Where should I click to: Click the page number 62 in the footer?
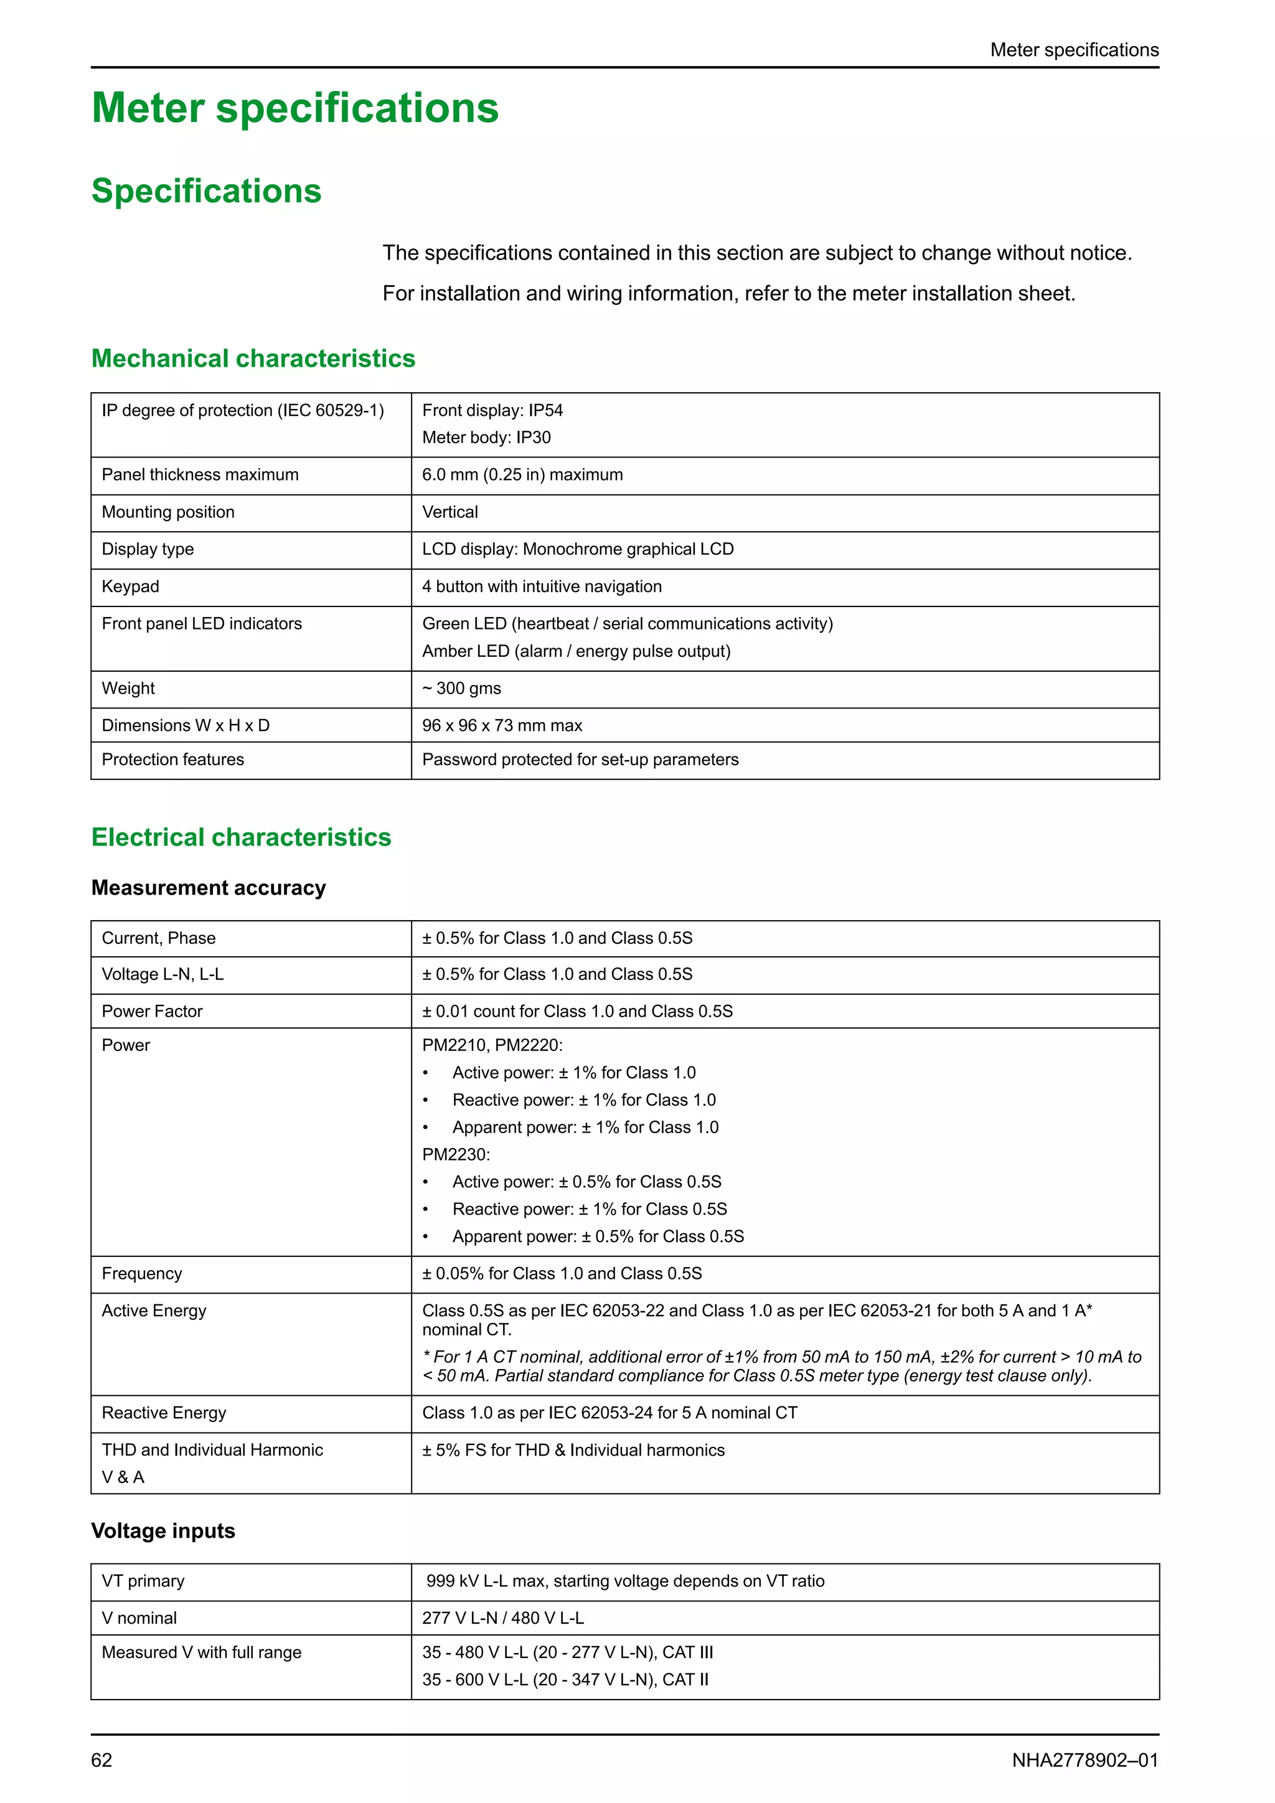click(x=101, y=1760)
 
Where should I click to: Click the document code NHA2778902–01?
click(x=1084, y=1760)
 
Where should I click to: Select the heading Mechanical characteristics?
click(x=253, y=358)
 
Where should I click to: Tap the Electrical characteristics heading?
click(x=241, y=837)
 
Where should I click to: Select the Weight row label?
click(x=129, y=689)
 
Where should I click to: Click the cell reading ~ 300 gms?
click(x=462, y=689)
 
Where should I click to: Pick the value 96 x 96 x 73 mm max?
click(x=502, y=725)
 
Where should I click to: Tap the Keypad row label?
click(x=130, y=586)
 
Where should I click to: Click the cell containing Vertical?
click(x=450, y=512)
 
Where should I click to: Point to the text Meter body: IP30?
click(x=486, y=438)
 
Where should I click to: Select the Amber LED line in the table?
click(x=576, y=651)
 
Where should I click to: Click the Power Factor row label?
click(x=153, y=1012)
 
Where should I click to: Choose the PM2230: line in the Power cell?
click(x=456, y=1154)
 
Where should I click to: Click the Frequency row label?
click(x=142, y=1274)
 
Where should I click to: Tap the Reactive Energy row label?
click(x=164, y=1413)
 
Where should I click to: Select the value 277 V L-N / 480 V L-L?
click(x=503, y=1619)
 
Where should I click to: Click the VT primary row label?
click(x=143, y=1581)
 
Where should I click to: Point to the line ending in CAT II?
click(x=565, y=1680)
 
